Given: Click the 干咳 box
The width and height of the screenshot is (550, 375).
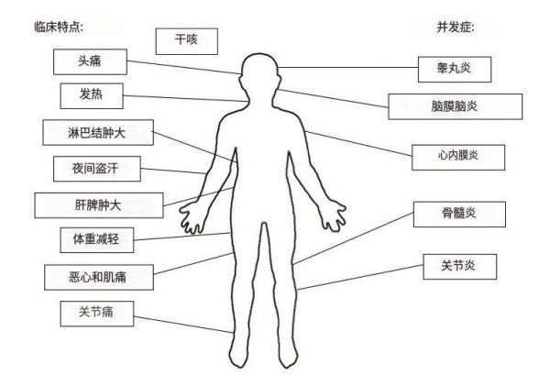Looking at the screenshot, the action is coord(187,41).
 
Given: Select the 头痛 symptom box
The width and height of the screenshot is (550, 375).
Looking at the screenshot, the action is coord(90,61).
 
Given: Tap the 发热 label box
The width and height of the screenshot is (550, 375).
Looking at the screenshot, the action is coord(92,95).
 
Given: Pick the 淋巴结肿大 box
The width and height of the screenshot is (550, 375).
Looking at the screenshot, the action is coord(98,133).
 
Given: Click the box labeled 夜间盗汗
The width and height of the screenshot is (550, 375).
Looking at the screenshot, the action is coord(97,169).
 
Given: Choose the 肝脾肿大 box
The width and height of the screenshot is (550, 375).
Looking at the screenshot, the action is coord(99,205).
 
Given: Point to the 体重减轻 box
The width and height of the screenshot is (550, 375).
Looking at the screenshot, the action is coord(97,240).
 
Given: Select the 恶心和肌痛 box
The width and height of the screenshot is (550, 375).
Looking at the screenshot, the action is coord(99,277).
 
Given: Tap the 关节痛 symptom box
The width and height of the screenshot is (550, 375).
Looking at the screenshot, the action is coord(97,314).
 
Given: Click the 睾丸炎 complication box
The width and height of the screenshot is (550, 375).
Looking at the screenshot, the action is coord(455,70).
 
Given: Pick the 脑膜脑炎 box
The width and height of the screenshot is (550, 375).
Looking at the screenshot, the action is coord(456,106).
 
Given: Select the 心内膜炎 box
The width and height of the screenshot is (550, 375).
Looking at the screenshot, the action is coord(458,158).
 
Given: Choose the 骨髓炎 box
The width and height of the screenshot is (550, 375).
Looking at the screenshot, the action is coord(459,215).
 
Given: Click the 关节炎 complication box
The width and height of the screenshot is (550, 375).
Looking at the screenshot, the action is coord(460,267).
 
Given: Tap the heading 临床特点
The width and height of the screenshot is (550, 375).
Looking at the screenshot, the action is coord(59,27).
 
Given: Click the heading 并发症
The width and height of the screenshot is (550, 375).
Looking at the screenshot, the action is coord(456,27).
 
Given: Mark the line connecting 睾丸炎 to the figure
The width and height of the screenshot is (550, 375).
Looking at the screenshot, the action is coord(348,67).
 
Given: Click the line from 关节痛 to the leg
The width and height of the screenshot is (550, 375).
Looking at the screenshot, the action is coord(183,325).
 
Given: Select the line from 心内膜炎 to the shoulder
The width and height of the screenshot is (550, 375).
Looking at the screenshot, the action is coord(358,143).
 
